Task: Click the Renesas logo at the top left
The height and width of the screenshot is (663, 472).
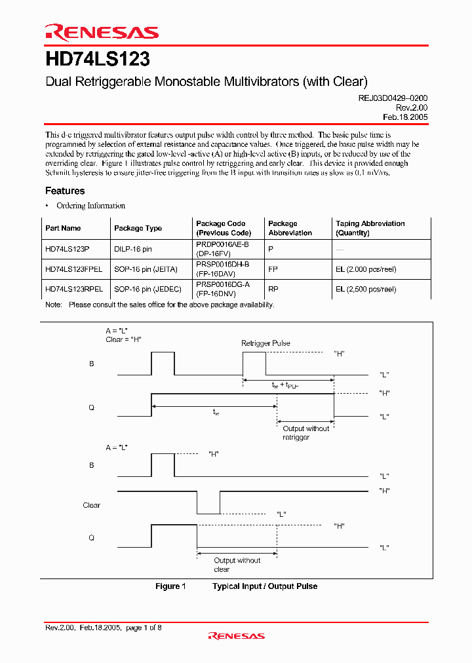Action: (102, 33)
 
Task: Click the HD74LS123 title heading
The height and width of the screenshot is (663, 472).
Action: (98, 60)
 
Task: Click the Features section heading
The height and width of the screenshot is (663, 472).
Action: (65, 191)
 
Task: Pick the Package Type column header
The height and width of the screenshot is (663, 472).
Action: (138, 228)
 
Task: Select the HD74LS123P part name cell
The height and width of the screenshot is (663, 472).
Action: (67, 249)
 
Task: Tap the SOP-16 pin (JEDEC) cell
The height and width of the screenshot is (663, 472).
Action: (149, 288)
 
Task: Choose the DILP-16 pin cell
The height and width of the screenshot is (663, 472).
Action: (133, 249)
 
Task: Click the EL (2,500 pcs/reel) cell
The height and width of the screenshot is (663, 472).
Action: (366, 288)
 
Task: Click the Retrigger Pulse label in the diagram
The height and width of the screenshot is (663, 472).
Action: (265, 343)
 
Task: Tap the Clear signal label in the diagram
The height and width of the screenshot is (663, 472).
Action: (92, 505)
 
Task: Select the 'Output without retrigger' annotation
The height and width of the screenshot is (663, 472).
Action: (305, 432)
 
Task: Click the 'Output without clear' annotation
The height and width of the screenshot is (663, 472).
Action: (237, 565)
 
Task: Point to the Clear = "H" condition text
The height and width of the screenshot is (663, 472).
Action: (124, 339)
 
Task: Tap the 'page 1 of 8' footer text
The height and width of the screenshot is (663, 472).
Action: (143, 628)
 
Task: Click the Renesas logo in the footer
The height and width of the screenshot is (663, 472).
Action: (236, 635)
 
